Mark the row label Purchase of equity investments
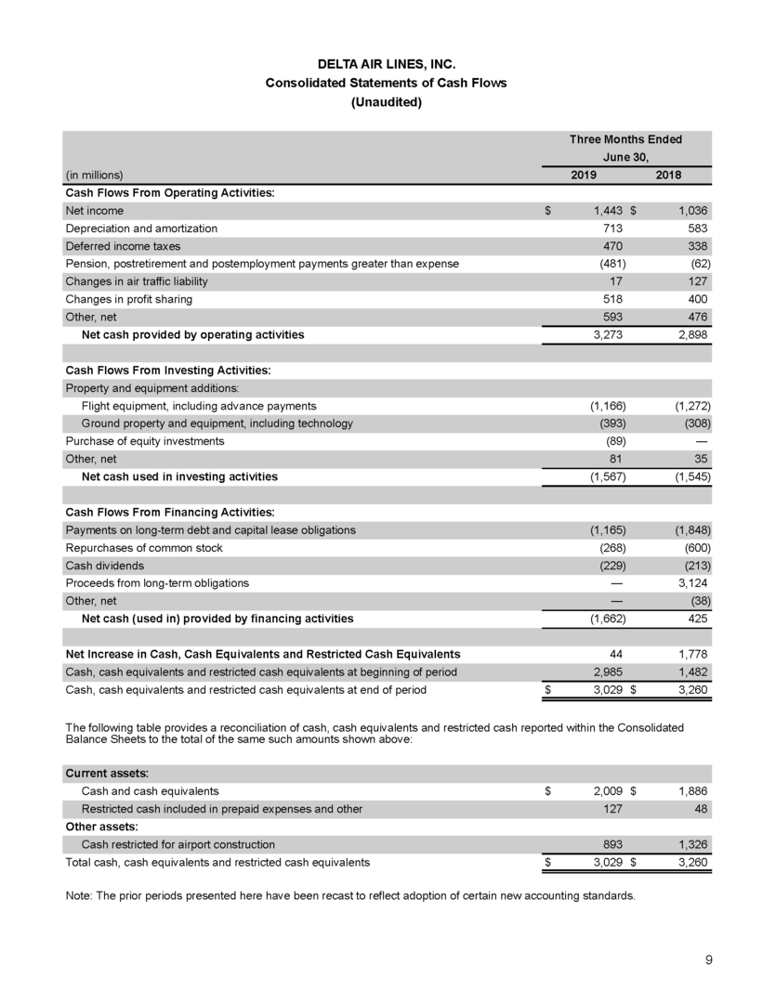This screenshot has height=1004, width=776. coord(144,441)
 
